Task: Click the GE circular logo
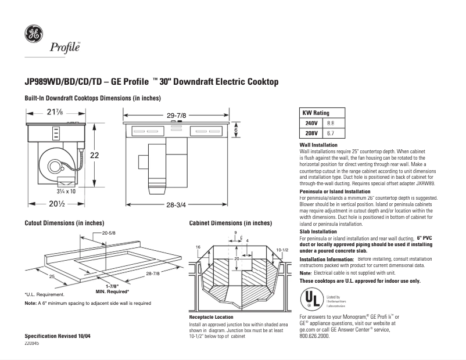click(33, 34)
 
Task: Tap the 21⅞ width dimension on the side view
click(56, 113)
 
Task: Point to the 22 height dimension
click(94, 155)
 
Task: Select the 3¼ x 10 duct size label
click(65, 190)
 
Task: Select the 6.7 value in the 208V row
click(331, 133)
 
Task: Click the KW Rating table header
click(316, 113)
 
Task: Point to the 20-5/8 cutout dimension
click(109, 233)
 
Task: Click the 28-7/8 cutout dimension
click(153, 273)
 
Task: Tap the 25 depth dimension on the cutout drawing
click(51, 278)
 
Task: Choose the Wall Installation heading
click(318, 145)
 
